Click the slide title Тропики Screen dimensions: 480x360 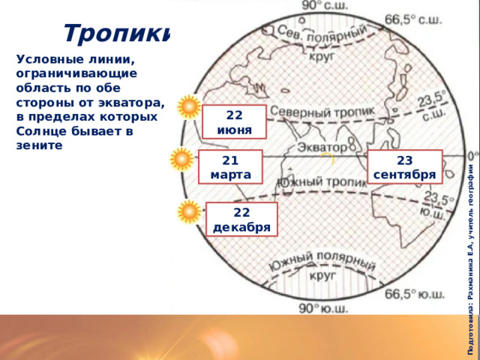tap(116, 33)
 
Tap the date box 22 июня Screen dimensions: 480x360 tap(234, 121)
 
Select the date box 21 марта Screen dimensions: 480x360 tap(230, 166)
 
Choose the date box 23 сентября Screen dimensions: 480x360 tap(405, 166)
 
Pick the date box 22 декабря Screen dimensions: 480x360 tap(241, 219)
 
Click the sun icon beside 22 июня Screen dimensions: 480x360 tap(190, 106)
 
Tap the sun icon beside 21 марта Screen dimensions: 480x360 tap(182, 159)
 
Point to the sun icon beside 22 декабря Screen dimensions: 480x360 tap(190, 211)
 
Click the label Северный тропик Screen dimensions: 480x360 tap(322, 112)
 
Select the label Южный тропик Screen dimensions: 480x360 tap(322, 182)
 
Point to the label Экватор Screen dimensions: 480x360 tap(322, 148)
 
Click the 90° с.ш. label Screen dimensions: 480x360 tap(325, 5)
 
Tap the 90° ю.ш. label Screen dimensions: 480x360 tap(323, 308)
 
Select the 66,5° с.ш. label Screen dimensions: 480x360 tap(413, 20)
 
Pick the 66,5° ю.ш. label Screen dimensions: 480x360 tap(415, 295)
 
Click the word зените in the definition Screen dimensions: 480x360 tap(39, 145)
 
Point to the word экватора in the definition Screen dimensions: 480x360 tap(132, 103)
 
